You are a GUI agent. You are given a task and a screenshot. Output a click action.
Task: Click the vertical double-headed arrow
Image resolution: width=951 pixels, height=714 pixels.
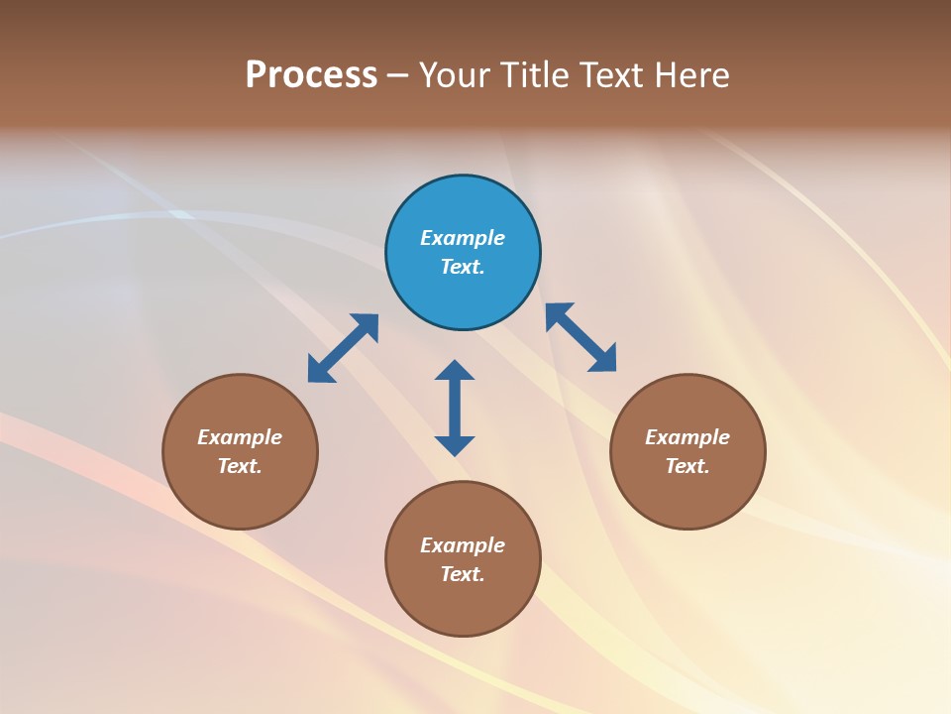(x=455, y=408)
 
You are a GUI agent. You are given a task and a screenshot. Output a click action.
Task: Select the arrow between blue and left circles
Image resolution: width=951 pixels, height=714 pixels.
(x=343, y=348)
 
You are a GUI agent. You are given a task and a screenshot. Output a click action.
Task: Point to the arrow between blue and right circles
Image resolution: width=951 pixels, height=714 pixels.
(x=581, y=337)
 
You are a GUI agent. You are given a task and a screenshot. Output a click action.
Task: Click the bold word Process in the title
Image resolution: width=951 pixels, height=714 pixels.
(x=311, y=75)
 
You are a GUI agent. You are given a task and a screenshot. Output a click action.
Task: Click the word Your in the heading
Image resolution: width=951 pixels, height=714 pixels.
(x=455, y=75)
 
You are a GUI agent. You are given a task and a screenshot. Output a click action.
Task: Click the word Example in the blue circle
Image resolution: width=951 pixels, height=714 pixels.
(x=463, y=238)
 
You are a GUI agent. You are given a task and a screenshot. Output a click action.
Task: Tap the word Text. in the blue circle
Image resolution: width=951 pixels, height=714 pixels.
(x=463, y=267)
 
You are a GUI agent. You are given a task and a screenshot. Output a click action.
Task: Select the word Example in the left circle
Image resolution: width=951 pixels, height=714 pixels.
(x=240, y=437)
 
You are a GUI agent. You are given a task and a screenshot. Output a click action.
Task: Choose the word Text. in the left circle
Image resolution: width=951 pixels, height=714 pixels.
(x=240, y=466)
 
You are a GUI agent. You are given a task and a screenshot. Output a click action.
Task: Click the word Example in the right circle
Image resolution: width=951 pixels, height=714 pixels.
(x=687, y=437)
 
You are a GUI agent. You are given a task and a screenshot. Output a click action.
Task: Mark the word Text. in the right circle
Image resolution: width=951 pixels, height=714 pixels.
(x=687, y=466)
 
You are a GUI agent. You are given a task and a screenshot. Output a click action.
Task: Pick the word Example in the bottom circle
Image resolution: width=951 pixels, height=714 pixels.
(x=463, y=545)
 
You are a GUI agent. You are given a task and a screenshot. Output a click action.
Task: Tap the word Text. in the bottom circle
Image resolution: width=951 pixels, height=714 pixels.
(x=463, y=574)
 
